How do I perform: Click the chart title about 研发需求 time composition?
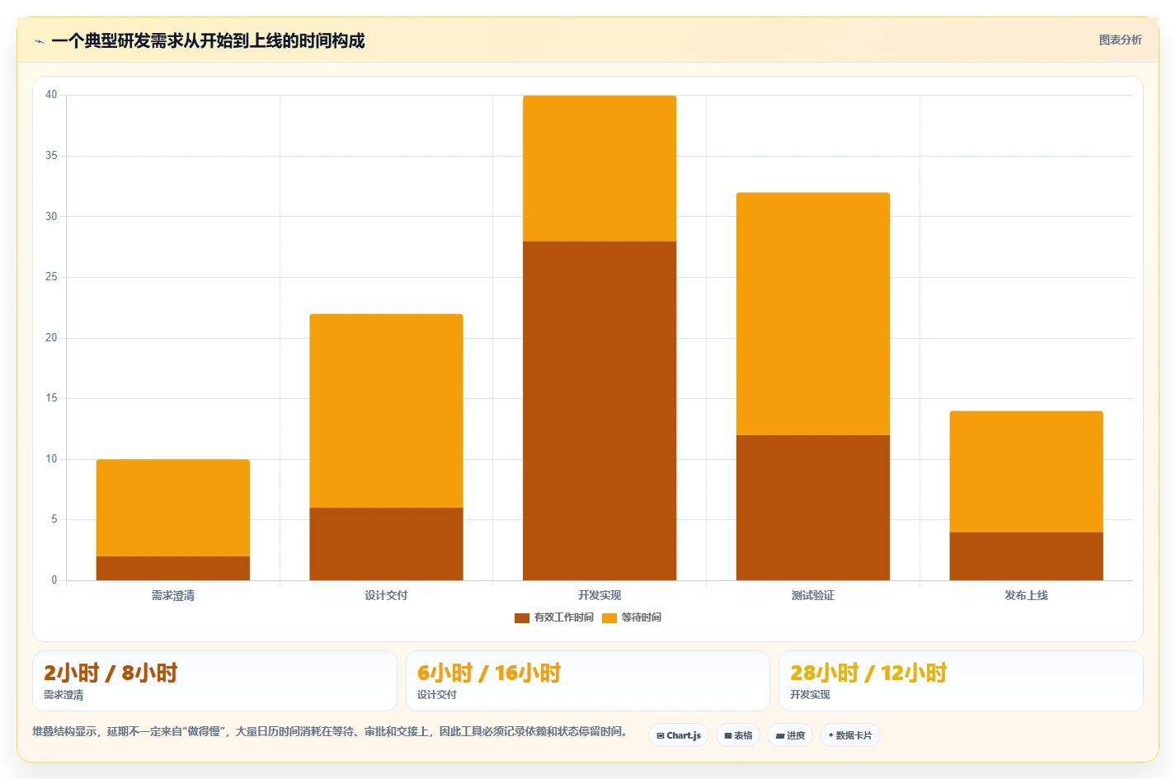(x=208, y=41)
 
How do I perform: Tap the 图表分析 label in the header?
(x=1121, y=40)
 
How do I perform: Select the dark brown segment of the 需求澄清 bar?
(x=172, y=568)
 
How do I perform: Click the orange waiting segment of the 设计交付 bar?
(x=386, y=411)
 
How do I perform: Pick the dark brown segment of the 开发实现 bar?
(x=600, y=411)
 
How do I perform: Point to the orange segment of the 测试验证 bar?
(x=812, y=314)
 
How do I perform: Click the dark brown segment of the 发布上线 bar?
(x=1026, y=556)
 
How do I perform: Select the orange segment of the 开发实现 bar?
(x=600, y=168)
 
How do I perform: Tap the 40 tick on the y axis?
(x=51, y=95)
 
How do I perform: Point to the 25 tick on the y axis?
(x=51, y=277)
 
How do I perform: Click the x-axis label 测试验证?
(x=812, y=595)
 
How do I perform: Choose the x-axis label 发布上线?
(x=1026, y=595)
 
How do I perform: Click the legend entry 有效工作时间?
(x=554, y=617)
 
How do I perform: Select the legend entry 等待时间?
(x=632, y=617)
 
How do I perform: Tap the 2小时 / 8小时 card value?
(x=111, y=673)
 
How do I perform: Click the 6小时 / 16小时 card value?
(x=489, y=673)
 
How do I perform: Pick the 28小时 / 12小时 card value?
(x=868, y=673)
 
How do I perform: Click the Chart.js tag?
(x=679, y=735)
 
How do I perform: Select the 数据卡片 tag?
(x=850, y=735)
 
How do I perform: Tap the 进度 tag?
(x=790, y=735)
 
